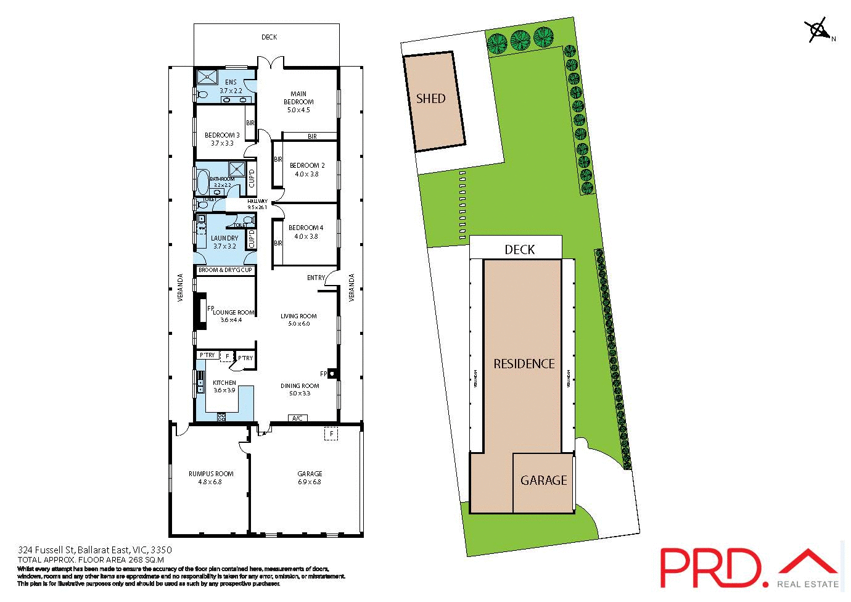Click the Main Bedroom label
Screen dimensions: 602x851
click(298, 102)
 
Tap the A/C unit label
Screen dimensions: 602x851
click(297, 418)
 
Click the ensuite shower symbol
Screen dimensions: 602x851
click(207, 76)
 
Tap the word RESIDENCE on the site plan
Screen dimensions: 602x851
click(524, 364)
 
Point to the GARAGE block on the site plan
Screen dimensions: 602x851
click(543, 481)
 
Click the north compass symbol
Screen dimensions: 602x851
click(816, 30)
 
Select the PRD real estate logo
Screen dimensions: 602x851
click(749, 567)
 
